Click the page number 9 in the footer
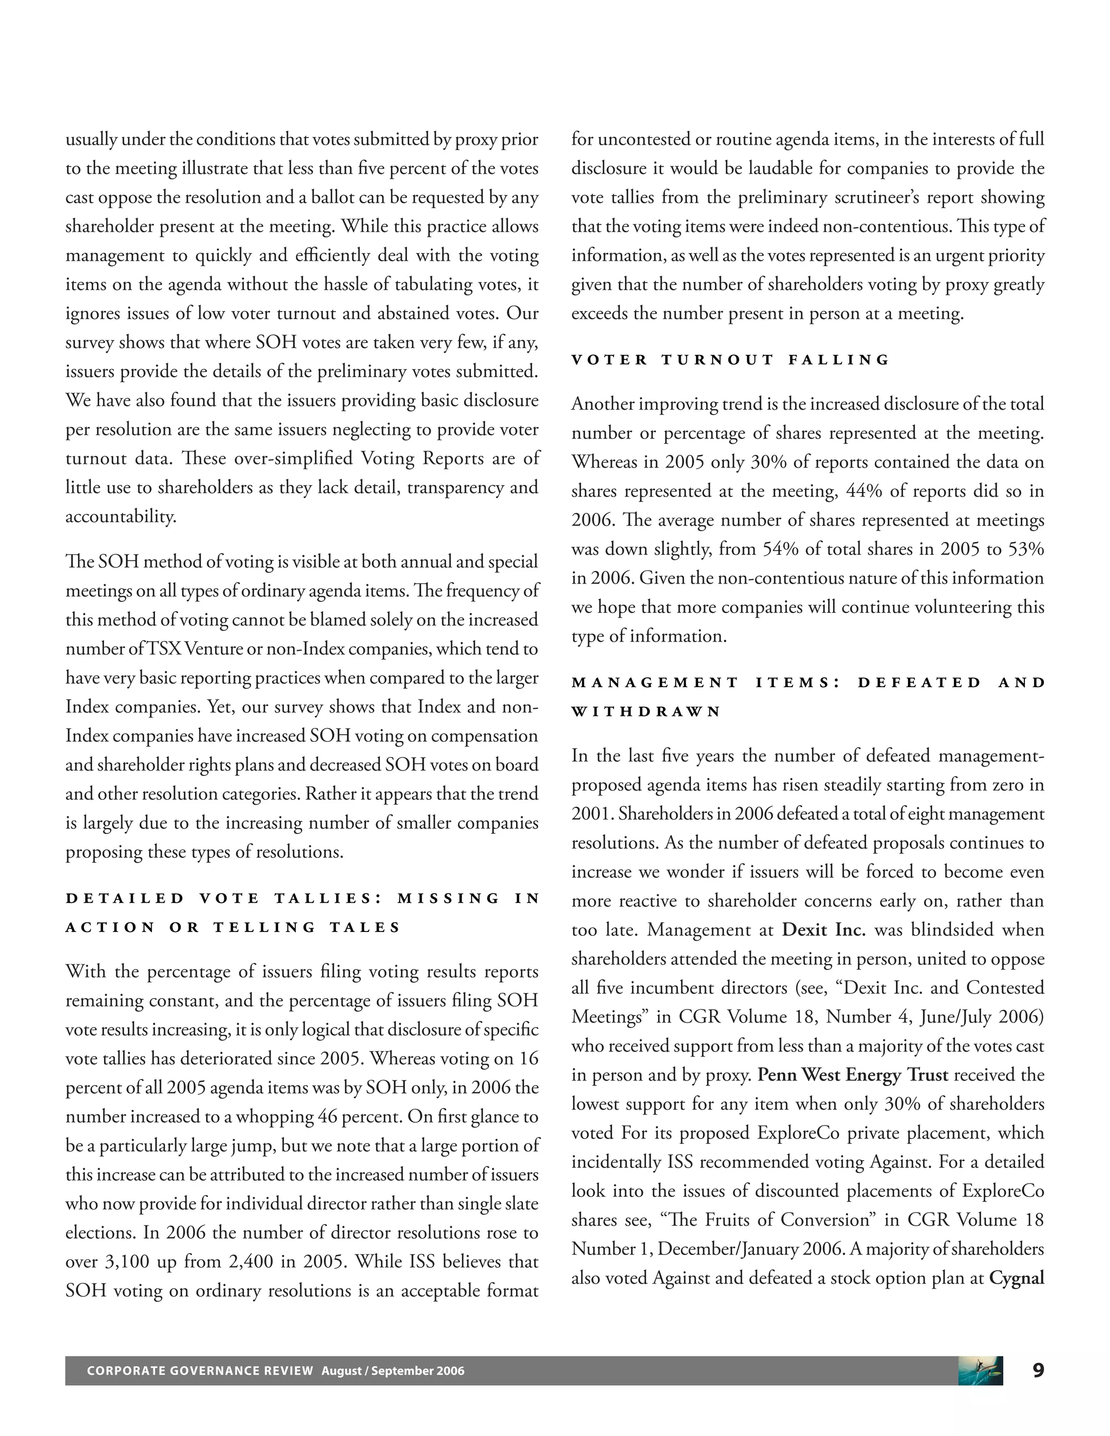coord(1038,1370)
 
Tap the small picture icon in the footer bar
coord(980,1370)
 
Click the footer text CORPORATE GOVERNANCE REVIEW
coord(200,1371)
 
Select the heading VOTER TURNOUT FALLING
coord(730,360)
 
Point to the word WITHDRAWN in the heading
coord(647,711)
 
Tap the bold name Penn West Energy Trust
coord(852,1075)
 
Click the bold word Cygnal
coord(1016,1278)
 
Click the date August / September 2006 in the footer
coord(392,1371)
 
